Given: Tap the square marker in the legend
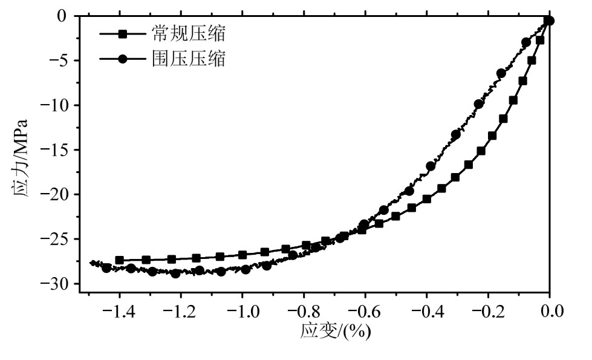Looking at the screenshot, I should [123, 34].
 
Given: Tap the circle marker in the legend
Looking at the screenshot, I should [123, 59].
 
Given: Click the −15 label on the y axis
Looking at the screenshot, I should [56, 149].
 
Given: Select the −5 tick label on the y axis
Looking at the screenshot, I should [61, 61].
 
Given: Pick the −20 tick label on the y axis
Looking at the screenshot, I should [56, 194].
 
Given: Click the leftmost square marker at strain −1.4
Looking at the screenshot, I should [120, 260].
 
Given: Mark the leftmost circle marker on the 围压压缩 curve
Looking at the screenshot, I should [106, 268].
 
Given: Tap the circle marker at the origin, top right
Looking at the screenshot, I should [550, 21].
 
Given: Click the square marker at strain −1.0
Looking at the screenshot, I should [242, 255].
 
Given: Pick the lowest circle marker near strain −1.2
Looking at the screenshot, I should [175, 273].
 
